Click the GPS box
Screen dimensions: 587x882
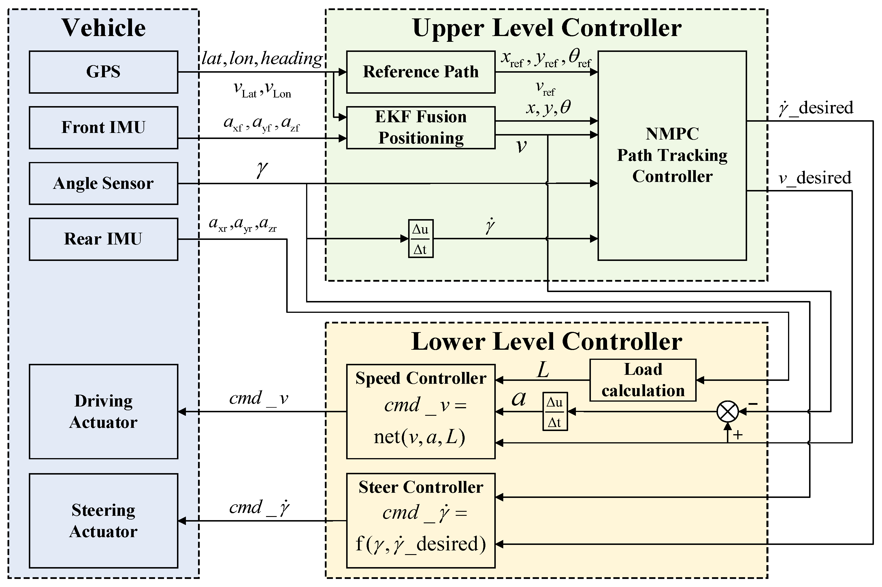pos(103,72)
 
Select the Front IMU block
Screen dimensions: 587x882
pos(103,128)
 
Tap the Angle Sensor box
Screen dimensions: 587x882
pos(103,183)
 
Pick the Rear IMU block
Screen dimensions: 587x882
pos(103,239)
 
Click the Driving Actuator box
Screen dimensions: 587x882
pos(103,411)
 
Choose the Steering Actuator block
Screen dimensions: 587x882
pos(103,521)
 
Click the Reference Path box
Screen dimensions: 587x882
pos(421,72)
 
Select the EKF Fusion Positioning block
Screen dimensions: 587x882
pos(421,128)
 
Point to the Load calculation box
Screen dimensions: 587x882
pos(642,380)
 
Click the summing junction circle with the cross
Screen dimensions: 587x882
pos(728,411)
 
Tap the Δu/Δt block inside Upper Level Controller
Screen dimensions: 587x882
pos(420,238)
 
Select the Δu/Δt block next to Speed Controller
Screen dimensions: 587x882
pos(555,411)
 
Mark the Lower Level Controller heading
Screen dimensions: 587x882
pos(547,341)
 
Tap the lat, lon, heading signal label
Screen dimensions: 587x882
pos(261,59)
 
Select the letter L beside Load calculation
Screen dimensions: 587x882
pos(542,370)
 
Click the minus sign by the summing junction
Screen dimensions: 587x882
pos(753,404)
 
